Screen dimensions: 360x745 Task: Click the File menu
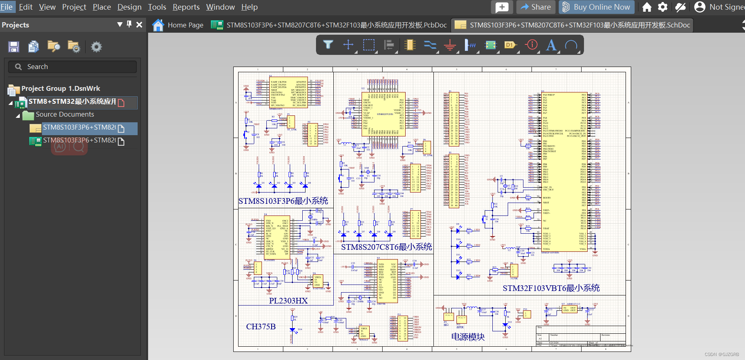click(x=6, y=7)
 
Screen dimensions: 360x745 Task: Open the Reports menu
click(x=186, y=7)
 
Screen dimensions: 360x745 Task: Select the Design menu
click(x=129, y=7)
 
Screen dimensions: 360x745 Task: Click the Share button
click(x=536, y=7)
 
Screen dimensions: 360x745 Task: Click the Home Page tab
click(x=178, y=25)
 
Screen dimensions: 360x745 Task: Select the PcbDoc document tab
click(x=329, y=25)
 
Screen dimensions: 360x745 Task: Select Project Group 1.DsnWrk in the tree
click(x=60, y=88)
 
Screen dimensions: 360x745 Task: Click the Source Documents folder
click(x=65, y=114)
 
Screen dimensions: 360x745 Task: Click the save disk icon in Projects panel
click(x=14, y=47)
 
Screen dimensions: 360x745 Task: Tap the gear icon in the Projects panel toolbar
click(x=96, y=47)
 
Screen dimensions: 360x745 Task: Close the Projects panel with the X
click(x=139, y=25)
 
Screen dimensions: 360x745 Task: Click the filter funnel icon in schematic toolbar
click(x=328, y=45)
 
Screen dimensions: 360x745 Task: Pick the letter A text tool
click(x=551, y=45)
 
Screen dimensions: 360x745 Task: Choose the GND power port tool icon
click(x=450, y=45)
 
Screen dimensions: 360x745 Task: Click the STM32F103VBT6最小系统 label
click(x=551, y=288)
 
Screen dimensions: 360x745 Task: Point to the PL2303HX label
click(x=288, y=301)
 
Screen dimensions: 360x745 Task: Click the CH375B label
click(x=261, y=327)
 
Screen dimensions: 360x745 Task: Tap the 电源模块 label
click(x=468, y=337)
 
